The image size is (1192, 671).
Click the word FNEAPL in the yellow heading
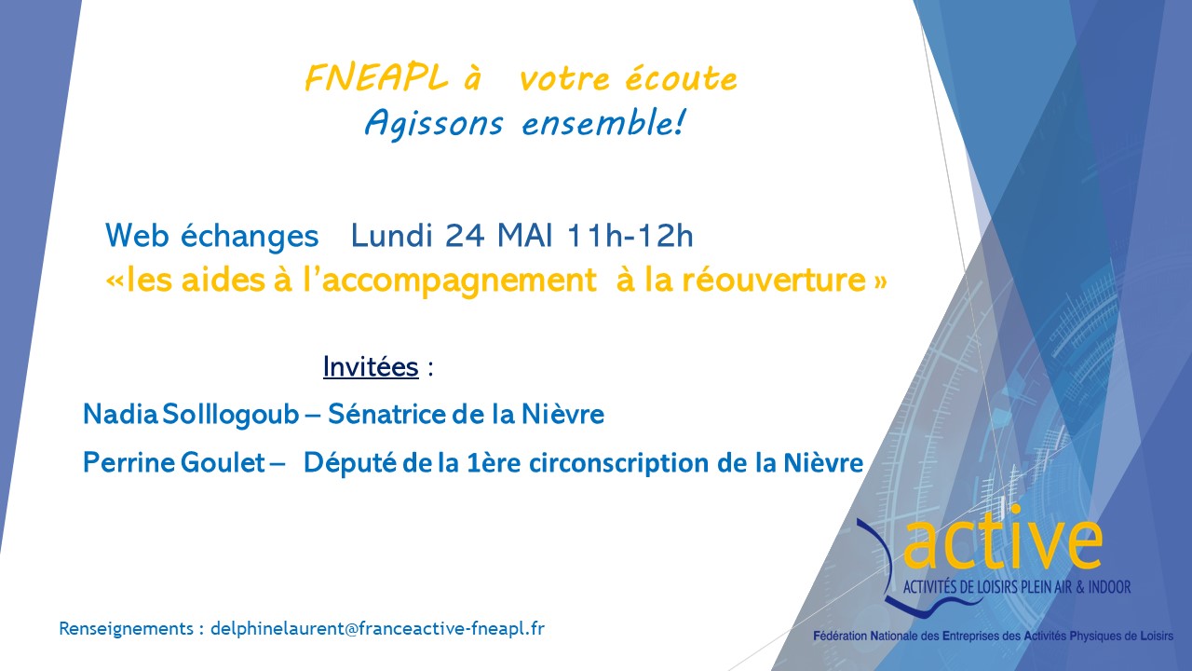(x=376, y=78)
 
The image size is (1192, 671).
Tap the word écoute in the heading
(x=682, y=79)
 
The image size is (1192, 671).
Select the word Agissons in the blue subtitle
(x=434, y=124)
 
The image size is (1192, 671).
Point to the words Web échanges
(x=211, y=236)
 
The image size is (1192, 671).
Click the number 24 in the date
(x=465, y=236)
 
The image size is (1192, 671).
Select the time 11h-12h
(x=630, y=236)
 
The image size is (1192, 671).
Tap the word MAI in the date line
(x=524, y=236)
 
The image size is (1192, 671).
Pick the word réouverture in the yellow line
(x=774, y=280)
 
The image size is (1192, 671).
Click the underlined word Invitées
(x=371, y=366)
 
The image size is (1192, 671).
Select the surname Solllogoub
(x=230, y=415)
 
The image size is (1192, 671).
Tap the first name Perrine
(x=129, y=462)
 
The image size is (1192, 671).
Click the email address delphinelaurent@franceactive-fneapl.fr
(x=377, y=628)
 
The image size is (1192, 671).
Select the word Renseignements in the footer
(x=126, y=629)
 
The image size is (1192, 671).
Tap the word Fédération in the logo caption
(x=840, y=636)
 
